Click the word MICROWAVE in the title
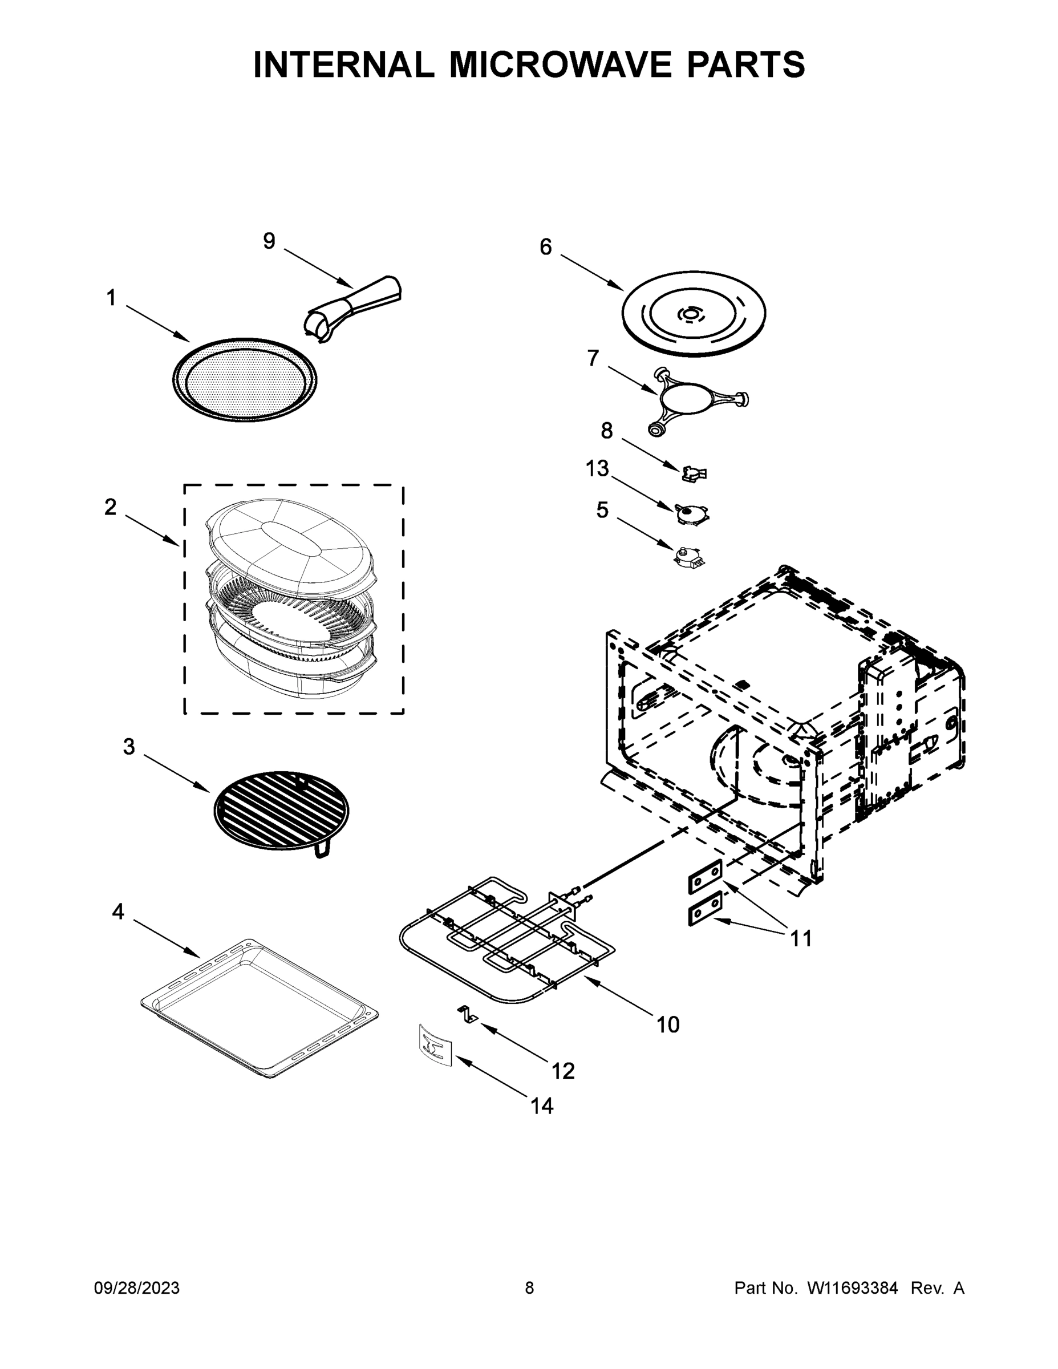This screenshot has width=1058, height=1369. (x=562, y=64)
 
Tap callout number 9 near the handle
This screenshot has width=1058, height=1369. (x=269, y=241)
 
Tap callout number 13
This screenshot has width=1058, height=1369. (x=597, y=468)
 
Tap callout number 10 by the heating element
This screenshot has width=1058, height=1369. (x=667, y=1025)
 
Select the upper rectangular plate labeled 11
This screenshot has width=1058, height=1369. (x=706, y=877)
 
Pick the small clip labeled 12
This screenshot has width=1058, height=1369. (x=467, y=1014)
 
